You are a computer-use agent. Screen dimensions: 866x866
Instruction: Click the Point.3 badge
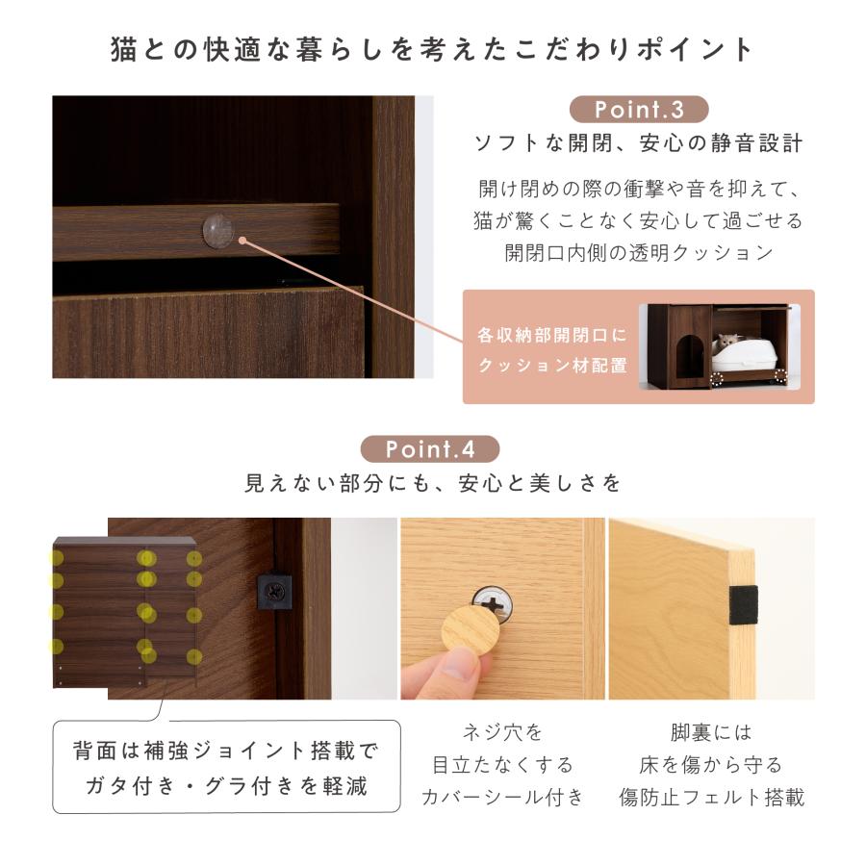638,109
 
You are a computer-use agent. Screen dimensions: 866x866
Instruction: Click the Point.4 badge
430,449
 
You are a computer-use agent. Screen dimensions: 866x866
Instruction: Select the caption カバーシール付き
502,798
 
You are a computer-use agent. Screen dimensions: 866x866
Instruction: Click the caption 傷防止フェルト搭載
711,798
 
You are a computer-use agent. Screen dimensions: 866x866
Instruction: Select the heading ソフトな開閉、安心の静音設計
639,144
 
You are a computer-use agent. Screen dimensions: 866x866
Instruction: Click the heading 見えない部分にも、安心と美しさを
433,483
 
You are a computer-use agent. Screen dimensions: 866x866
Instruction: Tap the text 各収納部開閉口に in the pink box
551,337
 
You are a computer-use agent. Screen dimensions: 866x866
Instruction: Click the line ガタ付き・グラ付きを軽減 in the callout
227,785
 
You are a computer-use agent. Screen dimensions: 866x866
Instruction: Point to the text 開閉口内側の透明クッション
639,253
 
